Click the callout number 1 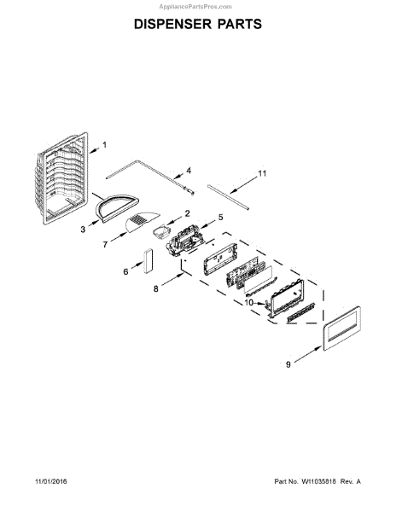[x=104, y=145]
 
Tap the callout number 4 [x=189, y=171]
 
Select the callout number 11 [x=263, y=173]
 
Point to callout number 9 [x=288, y=364]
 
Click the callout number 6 [x=125, y=271]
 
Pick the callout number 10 [x=248, y=303]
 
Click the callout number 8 [x=155, y=288]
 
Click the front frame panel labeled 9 [x=342, y=329]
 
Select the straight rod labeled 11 [x=228, y=197]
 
